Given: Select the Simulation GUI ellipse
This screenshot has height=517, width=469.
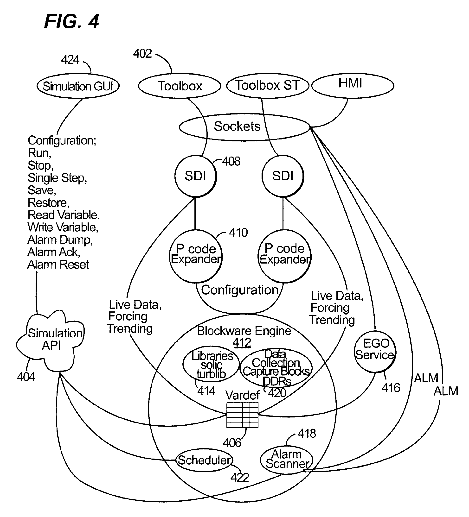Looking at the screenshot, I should (x=78, y=86).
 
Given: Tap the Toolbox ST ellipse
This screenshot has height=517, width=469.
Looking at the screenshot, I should (x=267, y=86).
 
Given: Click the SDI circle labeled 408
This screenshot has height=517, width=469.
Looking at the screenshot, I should (x=195, y=176).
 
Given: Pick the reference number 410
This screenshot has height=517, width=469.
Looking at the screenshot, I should (x=238, y=233).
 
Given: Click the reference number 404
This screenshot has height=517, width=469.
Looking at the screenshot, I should (x=26, y=377).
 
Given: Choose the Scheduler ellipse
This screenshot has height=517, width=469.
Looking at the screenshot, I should (x=204, y=460).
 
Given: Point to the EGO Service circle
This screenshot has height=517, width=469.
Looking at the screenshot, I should (x=375, y=351).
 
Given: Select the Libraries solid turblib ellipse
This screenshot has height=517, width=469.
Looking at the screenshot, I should (x=211, y=364).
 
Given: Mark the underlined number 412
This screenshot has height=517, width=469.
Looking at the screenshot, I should (x=242, y=343).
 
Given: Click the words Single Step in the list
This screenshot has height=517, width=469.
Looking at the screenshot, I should (x=57, y=178).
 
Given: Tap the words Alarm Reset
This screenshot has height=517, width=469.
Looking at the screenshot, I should (x=58, y=265).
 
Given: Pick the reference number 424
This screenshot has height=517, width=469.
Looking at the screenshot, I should (x=70, y=60).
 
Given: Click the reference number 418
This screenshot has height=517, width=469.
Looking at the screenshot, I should (x=307, y=433).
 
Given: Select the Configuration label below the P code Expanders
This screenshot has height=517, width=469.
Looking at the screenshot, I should (x=240, y=290).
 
